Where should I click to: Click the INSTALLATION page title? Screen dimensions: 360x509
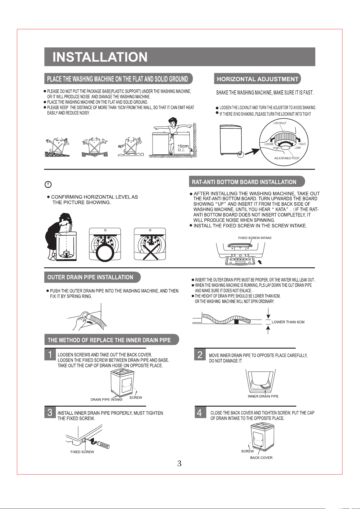[100, 57]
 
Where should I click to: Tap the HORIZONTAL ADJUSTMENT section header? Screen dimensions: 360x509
[257, 79]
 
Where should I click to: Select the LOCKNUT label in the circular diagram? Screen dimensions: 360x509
[280, 123]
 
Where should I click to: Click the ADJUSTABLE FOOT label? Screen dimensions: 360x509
[287, 158]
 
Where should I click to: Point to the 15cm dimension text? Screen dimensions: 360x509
[183, 146]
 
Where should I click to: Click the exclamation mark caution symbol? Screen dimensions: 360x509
[48, 185]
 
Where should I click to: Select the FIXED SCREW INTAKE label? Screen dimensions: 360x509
[255, 238]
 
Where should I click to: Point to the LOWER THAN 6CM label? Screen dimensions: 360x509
[288, 322]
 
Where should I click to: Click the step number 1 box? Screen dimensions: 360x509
[50, 354]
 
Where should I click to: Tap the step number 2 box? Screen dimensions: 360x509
[200, 354]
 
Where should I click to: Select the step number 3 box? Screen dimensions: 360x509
[50, 412]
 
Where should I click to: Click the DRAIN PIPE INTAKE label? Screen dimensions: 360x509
[107, 400]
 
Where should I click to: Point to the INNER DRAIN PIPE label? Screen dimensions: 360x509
[263, 396]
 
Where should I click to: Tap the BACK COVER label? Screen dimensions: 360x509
[261, 458]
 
